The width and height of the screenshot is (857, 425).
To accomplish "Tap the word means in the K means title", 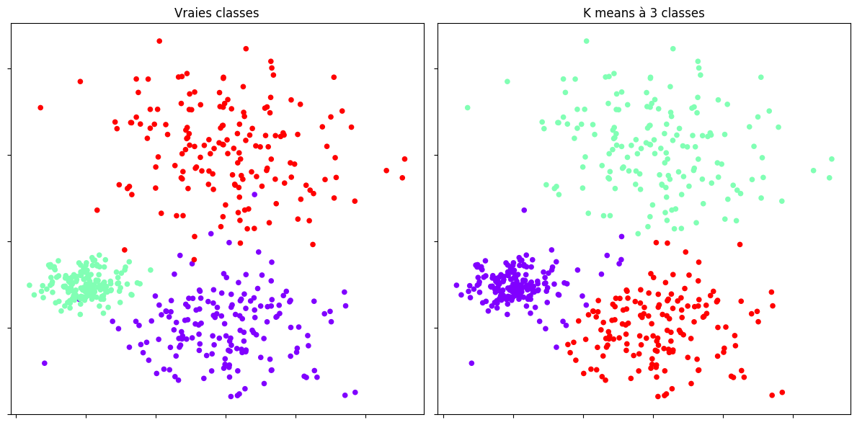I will pos(611,13).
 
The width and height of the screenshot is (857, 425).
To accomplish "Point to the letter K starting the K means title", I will pos(587,13).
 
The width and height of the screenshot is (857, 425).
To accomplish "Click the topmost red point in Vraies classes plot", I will pos(159,41).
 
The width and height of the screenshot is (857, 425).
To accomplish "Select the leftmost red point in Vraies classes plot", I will pos(40,107).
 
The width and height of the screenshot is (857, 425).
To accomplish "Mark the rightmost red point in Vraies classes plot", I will pos(404,158).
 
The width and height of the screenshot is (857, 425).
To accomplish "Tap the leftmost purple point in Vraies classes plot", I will pos(45,363).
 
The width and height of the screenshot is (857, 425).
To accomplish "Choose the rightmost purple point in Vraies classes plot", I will pos(355,393).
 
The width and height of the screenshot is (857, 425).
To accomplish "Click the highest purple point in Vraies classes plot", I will pos(254,194).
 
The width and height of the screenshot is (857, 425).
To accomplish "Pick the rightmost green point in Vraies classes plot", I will pos(151,270).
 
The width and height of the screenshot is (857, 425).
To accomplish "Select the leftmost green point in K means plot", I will pos(467,107).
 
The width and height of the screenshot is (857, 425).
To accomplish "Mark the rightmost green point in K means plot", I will pos(831,158).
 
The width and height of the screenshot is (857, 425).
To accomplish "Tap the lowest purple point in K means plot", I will pos(471,363).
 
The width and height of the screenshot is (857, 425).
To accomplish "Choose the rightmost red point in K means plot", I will pos(782,393).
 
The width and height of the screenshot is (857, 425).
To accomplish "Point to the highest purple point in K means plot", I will pos(524,210).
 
